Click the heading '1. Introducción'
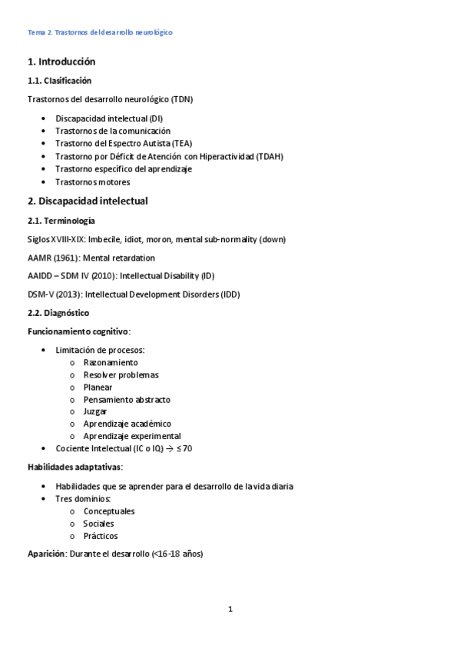pos(61,62)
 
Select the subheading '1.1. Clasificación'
pos(59,80)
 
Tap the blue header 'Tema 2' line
pos(100,32)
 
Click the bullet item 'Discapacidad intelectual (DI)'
pos(109,118)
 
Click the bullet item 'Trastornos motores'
pos(93,182)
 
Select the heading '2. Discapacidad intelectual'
pos(87,201)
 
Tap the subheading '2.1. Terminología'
pos(61,221)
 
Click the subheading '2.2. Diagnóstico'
pos(58,313)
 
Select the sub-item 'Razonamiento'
pos(111,362)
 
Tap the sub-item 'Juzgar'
pos(95,411)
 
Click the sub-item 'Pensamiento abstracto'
pos(127,399)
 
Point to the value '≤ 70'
pos(184,448)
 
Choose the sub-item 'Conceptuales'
pos(109,511)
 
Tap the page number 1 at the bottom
pos(230,610)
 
